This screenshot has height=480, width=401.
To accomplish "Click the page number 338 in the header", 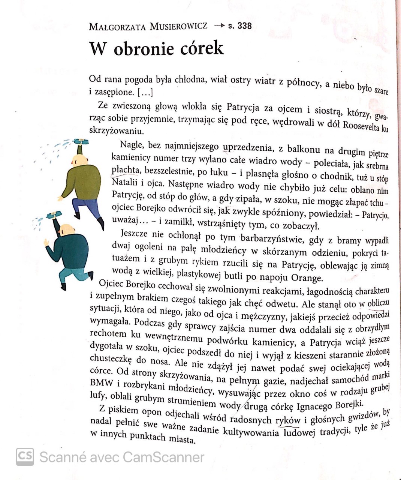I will [245, 26].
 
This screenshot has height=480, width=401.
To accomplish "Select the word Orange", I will [306, 278].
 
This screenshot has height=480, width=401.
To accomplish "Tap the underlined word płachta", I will [126, 170].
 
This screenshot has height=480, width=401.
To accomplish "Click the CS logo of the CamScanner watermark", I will [25, 456].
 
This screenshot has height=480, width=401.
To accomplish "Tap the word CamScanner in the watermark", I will [163, 457].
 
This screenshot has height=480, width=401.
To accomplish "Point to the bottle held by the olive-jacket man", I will [81, 141].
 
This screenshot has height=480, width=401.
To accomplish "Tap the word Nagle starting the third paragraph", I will [132, 145].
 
